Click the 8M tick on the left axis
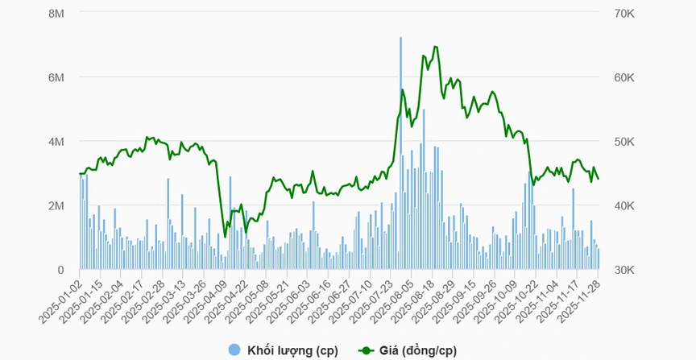point(56,14)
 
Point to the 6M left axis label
point(56,77)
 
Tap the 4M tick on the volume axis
point(56,142)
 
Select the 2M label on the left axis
point(56,206)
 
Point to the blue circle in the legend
point(234,350)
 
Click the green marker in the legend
point(367,350)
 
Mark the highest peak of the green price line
point(435,47)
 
